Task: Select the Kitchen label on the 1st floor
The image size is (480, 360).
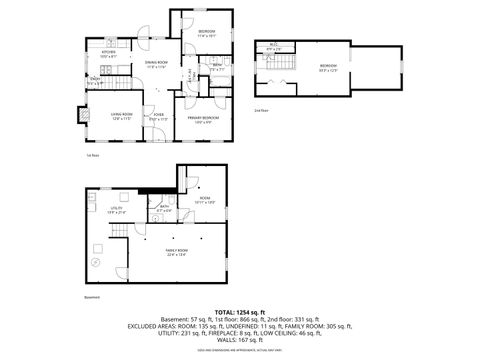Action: coord(109,54)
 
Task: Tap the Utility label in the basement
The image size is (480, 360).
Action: coord(116,210)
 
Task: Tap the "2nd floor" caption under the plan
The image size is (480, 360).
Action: coord(262,109)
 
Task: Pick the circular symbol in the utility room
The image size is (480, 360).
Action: coord(97,262)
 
